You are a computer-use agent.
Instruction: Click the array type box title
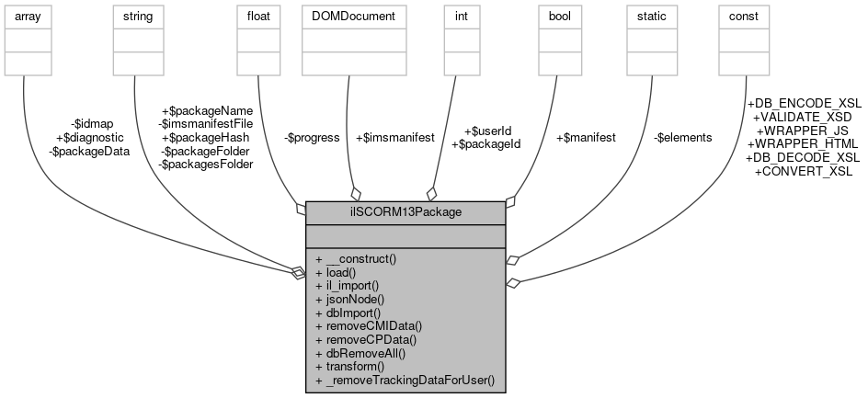26,17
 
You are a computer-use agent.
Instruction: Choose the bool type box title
560,17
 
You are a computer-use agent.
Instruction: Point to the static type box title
652,17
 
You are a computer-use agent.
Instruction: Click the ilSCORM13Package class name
405,211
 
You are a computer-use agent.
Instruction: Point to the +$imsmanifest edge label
394,137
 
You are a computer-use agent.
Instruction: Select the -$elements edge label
682,137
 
